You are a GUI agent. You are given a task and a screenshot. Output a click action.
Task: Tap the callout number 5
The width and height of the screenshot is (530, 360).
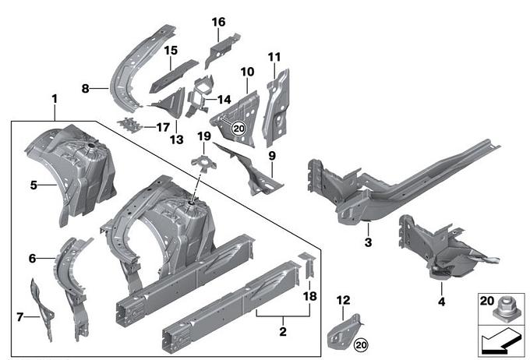(x=34, y=185)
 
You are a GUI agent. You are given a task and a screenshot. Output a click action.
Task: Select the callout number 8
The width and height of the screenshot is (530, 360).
(x=85, y=90)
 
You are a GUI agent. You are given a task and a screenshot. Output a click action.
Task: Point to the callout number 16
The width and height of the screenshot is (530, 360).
(x=217, y=21)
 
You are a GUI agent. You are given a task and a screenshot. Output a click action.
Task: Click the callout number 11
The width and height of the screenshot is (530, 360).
(x=274, y=57)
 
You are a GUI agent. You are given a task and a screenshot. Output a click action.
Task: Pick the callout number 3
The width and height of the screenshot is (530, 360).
(x=368, y=242)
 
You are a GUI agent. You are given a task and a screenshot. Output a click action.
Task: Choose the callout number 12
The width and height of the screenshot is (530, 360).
(x=344, y=300)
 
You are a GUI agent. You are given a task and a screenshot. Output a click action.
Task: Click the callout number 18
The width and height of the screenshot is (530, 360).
(x=310, y=297)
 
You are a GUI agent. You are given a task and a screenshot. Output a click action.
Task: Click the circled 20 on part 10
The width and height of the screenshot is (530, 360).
(x=239, y=128)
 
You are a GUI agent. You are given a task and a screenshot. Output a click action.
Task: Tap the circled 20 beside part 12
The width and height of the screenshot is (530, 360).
(x=360, y=344)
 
